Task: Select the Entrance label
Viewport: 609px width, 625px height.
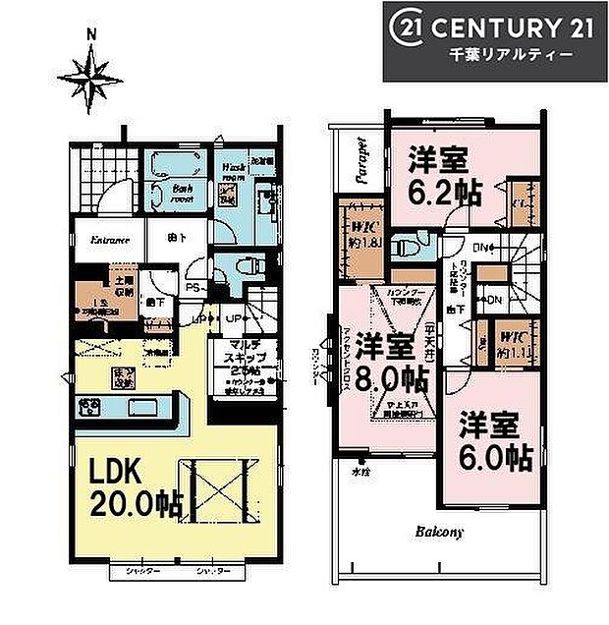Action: coord(110,240)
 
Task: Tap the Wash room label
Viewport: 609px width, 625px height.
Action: coord(233,169)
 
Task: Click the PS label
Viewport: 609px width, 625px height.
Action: coord(194,288)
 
